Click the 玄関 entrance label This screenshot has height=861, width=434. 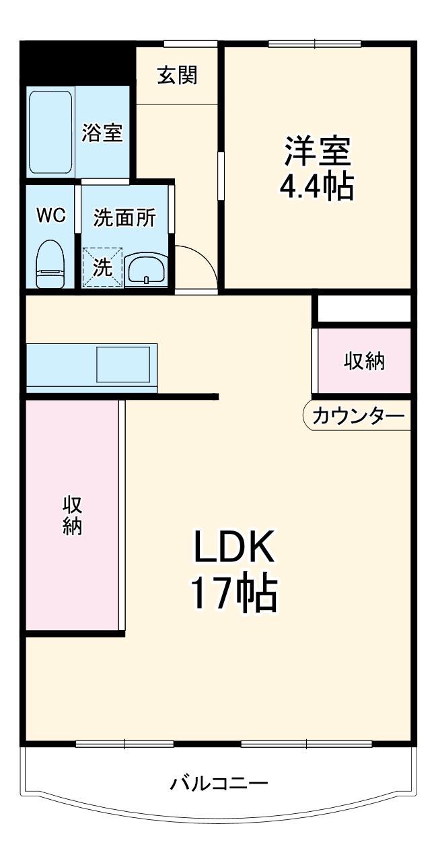[177, 76]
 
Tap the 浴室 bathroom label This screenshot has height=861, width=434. [102, 133]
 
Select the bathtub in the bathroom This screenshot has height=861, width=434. [50, 133]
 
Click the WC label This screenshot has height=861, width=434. [50, 215]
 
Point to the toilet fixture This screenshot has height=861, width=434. [50, 265]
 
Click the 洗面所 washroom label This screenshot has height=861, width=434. [124, 217]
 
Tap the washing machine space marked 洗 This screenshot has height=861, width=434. [102, 267]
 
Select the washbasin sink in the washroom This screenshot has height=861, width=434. [145, 270]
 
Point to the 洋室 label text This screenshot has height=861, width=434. [317, 151]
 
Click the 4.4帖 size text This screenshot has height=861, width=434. [316, 186]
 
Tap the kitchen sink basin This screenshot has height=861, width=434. [124, 365]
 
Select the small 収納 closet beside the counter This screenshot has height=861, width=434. [363, 361]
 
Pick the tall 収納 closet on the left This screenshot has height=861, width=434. [73, 516]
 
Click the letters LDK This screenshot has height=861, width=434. [233, 548]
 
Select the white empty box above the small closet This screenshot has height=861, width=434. [363, 308]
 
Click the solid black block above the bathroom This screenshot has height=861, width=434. [77, 63]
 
